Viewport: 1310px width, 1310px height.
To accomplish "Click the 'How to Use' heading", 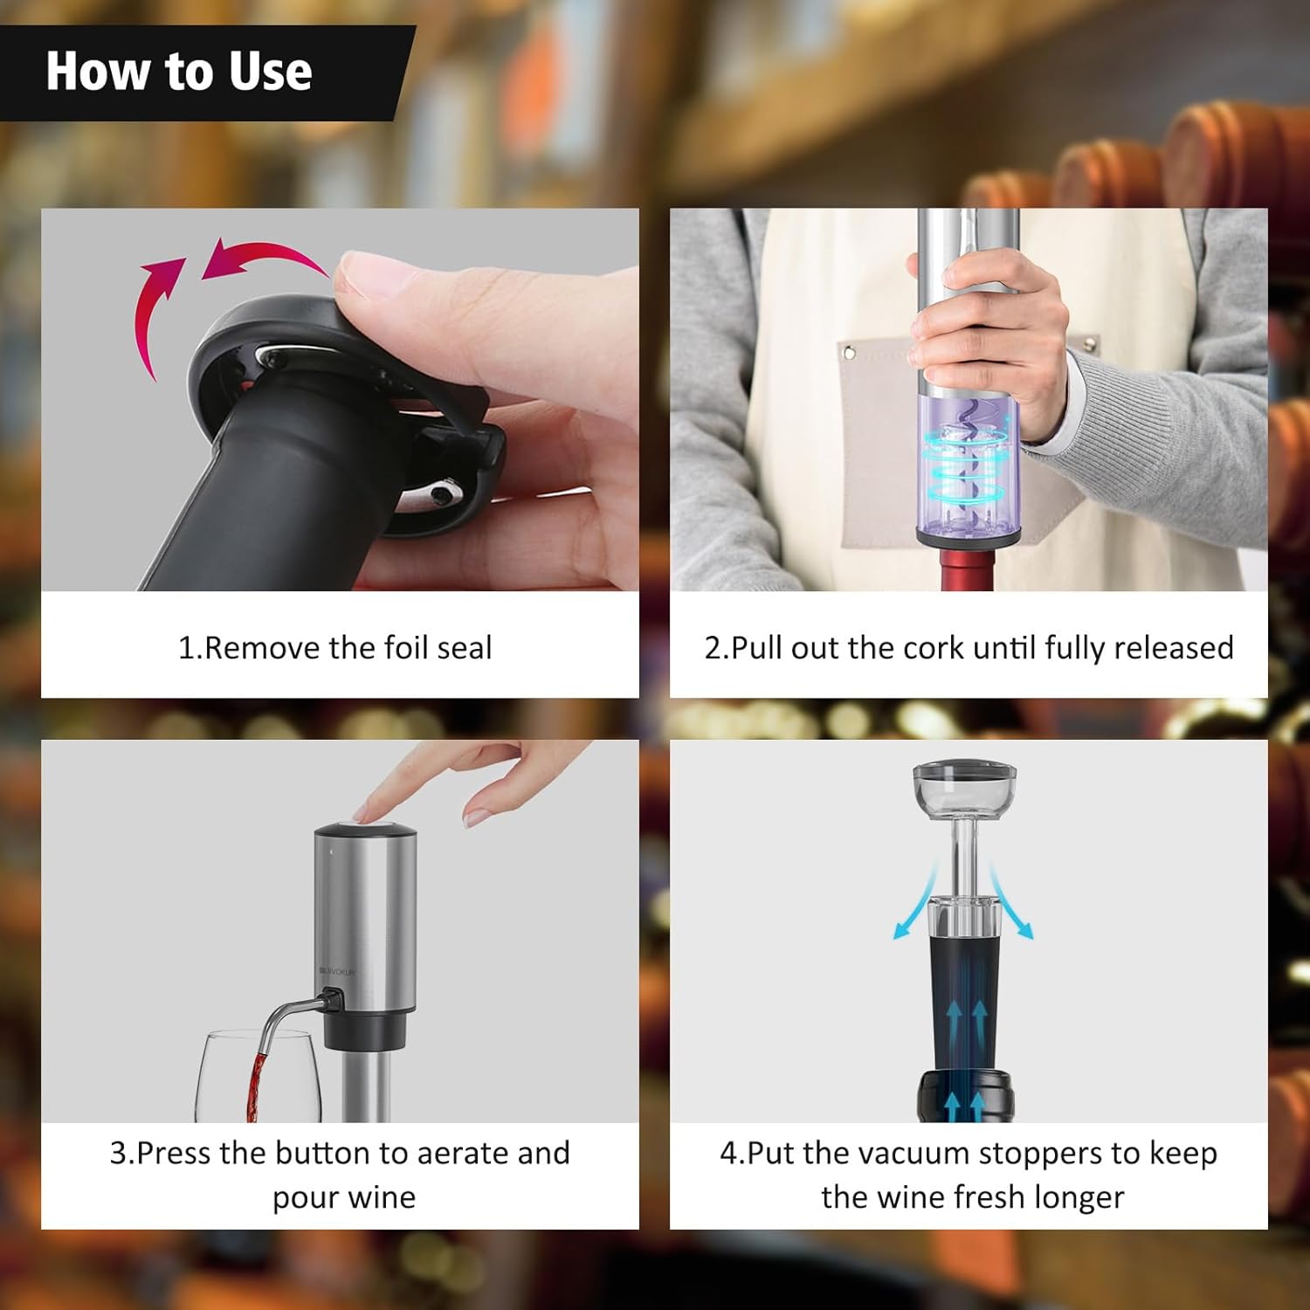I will tap(179, 72).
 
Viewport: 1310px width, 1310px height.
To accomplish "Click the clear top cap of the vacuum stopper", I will tap(965, 783).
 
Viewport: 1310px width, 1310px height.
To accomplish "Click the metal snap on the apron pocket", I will tap(847, 353).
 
